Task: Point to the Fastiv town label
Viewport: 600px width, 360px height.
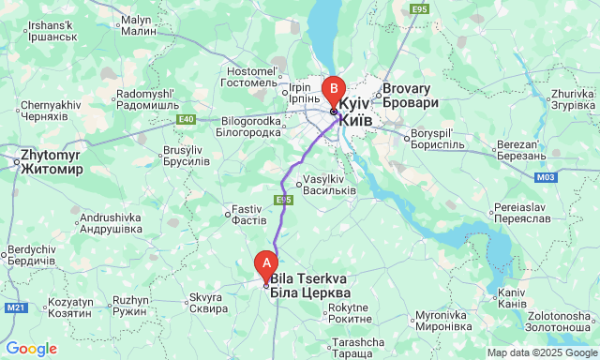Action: click(249, 214)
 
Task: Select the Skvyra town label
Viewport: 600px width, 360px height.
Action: click(207, 302)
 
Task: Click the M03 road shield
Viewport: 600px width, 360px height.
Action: click(547, 176)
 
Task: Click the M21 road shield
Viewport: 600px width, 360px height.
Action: click(16, 307)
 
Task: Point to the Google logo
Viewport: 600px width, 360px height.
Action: click(31, 349)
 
